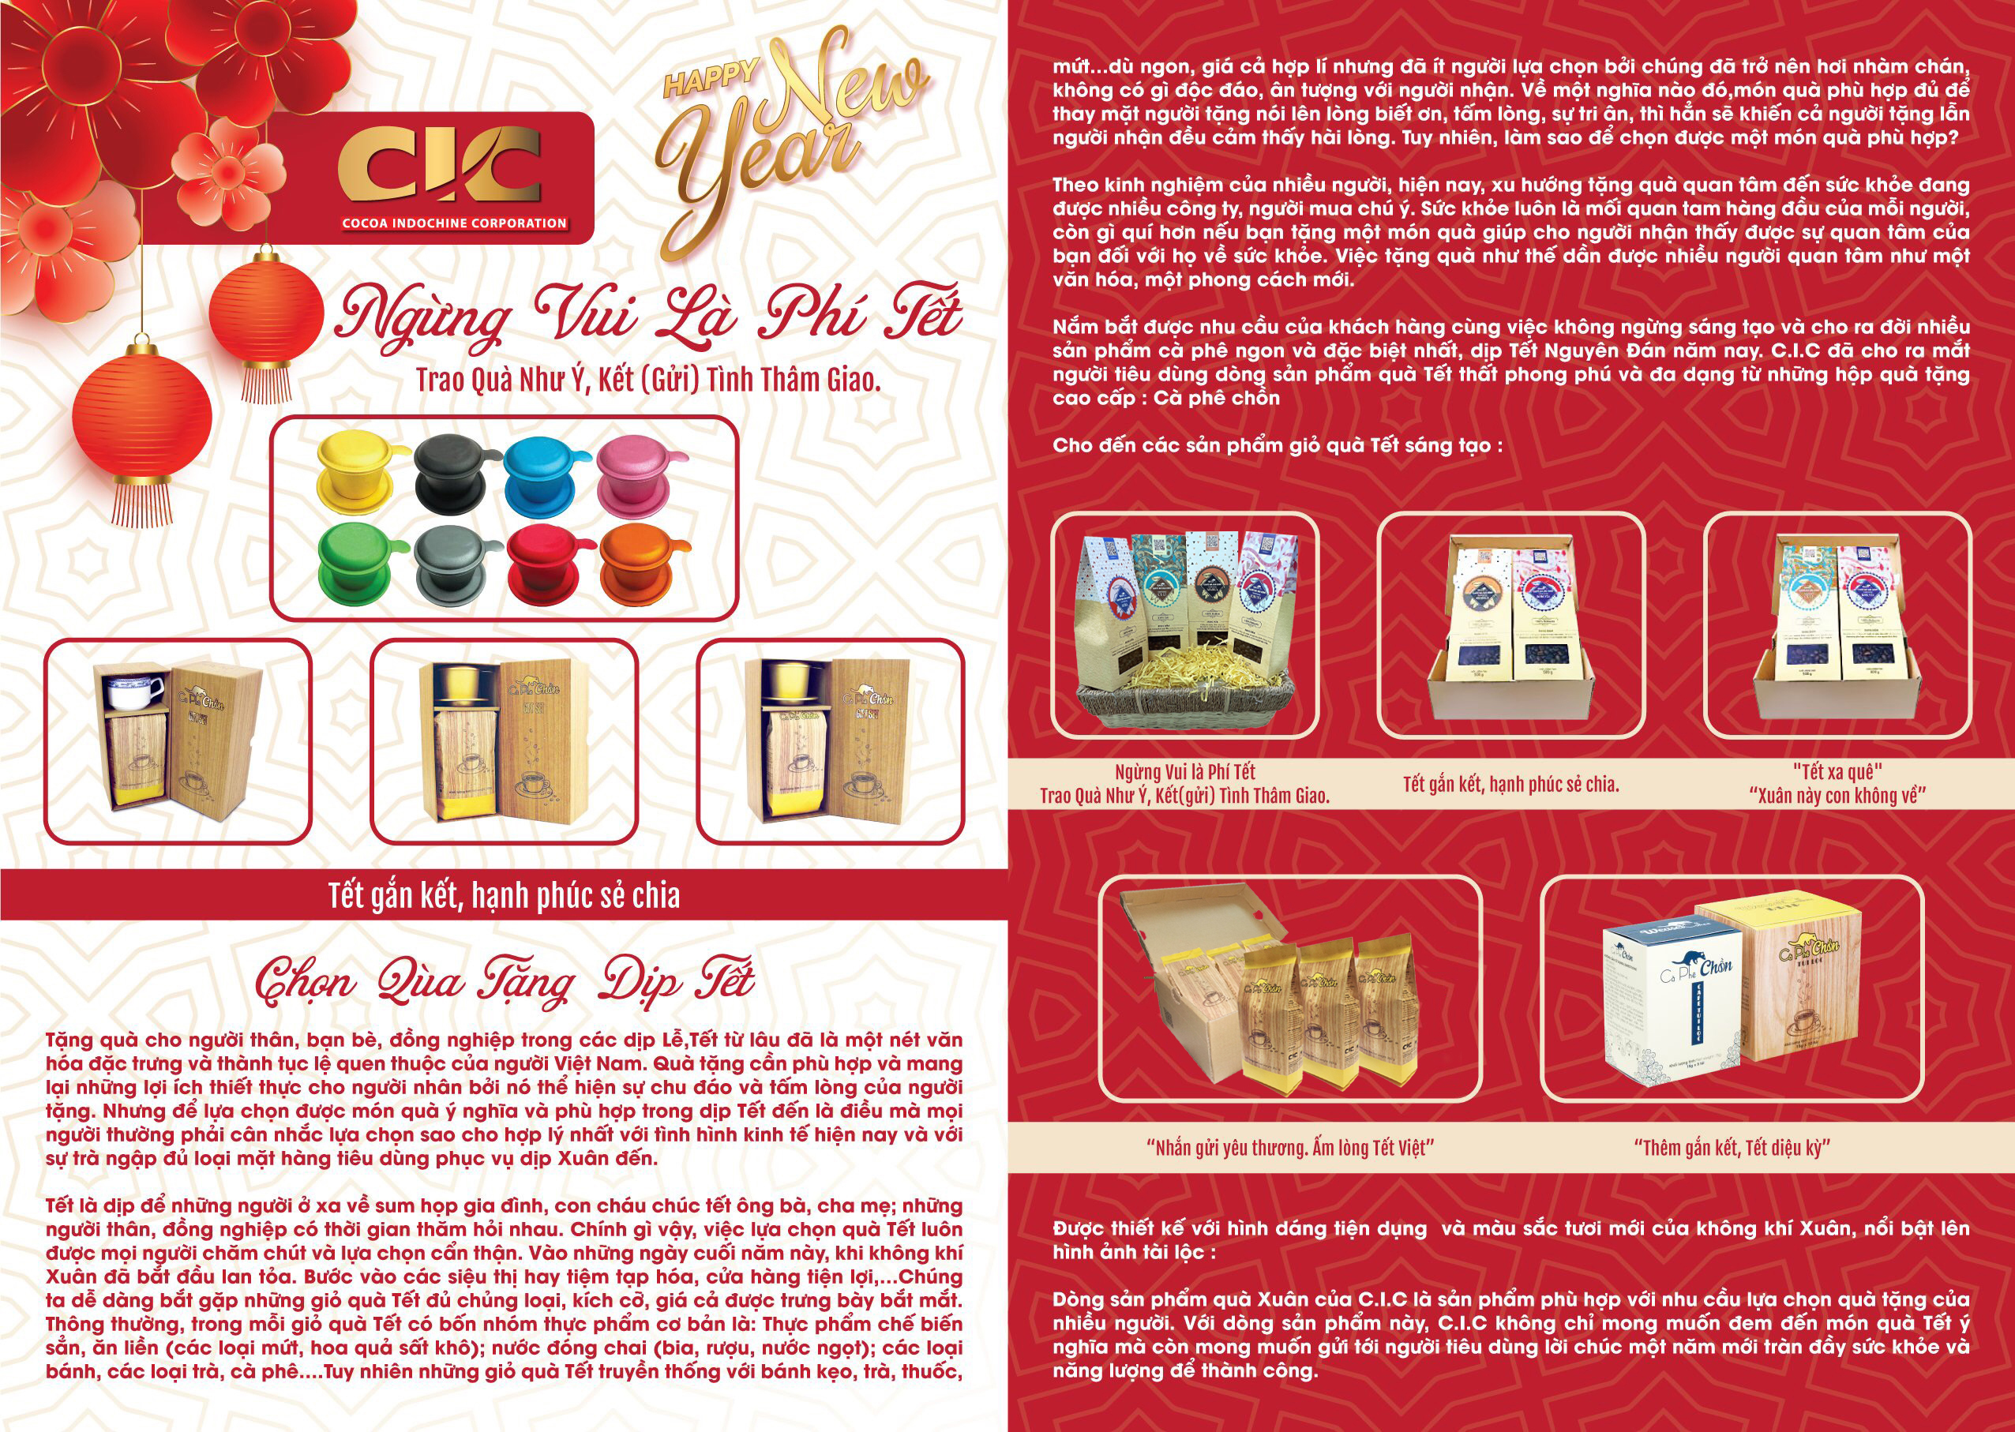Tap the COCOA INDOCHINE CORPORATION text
click(x=454, y=223)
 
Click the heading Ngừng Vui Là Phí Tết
click(x=648, y=317)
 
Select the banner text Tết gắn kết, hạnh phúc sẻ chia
click(x=504, y=896)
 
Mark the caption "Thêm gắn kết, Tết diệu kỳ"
click(x=1731, y=1147)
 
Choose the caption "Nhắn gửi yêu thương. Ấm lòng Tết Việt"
click(x=1291, y=1147)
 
